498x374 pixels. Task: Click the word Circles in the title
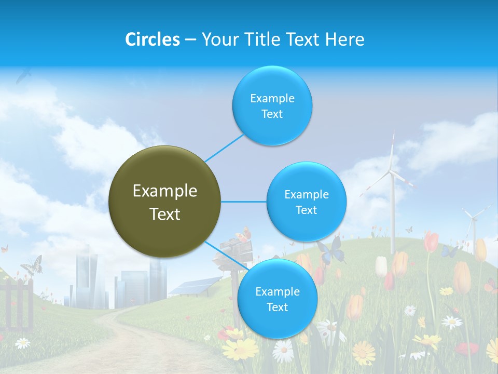click(x=153, y=39)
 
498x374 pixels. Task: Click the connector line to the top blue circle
click(x=224, y=148)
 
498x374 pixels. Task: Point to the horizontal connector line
click(x=243, y=202)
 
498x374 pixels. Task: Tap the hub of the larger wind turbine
click(x=392, y=173)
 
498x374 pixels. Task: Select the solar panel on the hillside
click(x=195, y=286)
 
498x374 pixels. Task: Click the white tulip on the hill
click(x=381, y=266)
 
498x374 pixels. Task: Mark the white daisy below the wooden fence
click(x=22, y=343)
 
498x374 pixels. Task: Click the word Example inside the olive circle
click(x=165, y=191)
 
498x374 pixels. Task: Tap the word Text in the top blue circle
click(x=272, y=114)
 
